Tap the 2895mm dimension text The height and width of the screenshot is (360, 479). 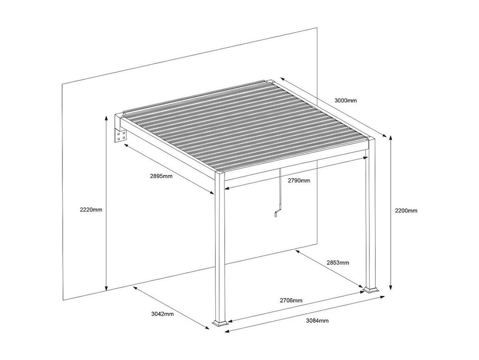161,177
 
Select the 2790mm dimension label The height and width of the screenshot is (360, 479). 299,180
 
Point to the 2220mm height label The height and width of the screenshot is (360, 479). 91,209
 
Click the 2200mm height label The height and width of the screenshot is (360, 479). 406,211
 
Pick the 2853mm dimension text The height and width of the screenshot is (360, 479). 338,263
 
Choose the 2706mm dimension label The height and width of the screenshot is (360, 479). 291,300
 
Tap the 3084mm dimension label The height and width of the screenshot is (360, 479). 317,320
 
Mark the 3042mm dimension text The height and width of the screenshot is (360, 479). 162,314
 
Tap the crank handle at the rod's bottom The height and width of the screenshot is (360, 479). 277,214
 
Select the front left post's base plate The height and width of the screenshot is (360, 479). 220,322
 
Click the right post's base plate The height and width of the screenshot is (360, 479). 370,289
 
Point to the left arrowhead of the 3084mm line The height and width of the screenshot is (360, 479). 226,330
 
